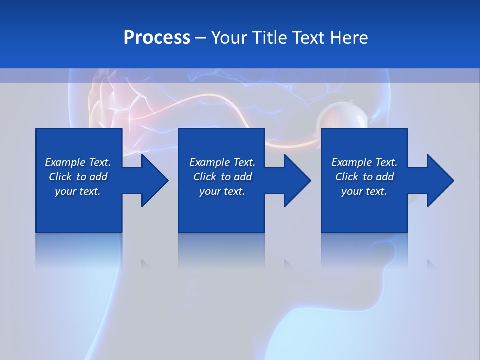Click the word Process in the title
[157, 37]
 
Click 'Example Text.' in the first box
[78, 162]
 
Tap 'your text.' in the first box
[78, 191]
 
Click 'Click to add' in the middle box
[222, 177]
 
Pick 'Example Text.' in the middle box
[222, 162]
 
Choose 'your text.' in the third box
[364, 191]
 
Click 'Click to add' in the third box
[364, 177]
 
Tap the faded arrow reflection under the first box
[146, 264]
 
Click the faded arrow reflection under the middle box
[288, 264]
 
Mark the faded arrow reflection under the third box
[431, 264]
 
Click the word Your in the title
[231, 37]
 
